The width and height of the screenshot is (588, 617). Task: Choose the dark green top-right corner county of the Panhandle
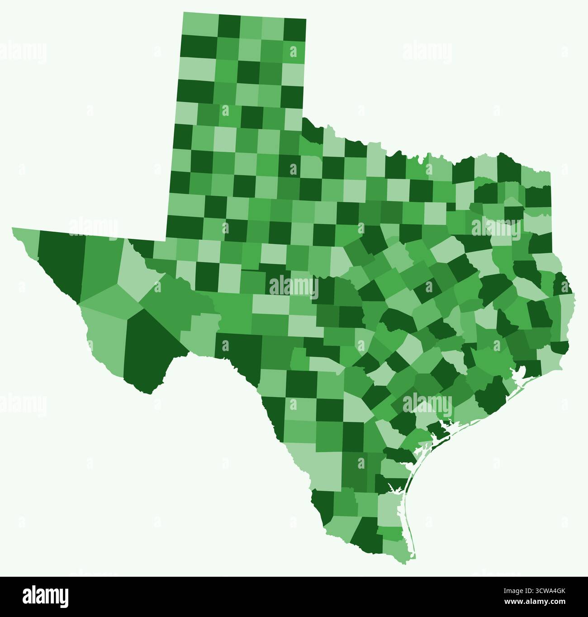coord(294,30)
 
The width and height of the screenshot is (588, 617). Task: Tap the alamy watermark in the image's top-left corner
coord(23,52)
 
